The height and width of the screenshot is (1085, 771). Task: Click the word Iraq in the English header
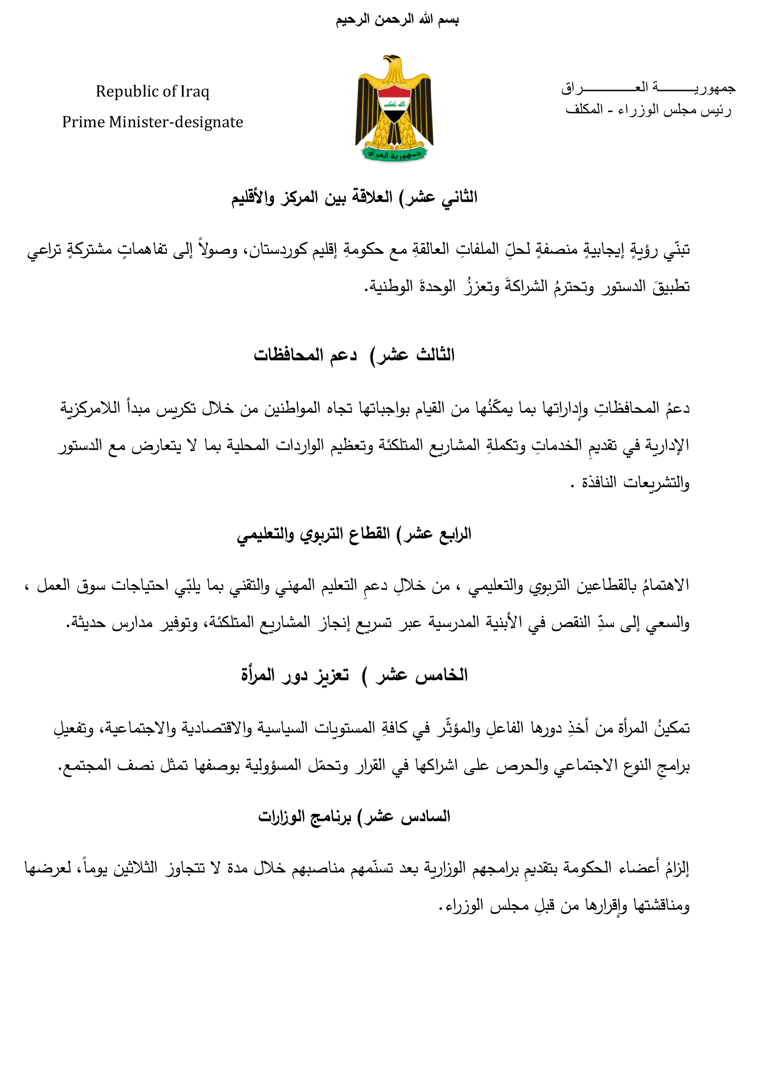point(195,92)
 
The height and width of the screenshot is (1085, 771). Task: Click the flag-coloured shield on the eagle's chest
point(394,104)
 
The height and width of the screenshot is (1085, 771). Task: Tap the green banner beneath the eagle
point(394,154)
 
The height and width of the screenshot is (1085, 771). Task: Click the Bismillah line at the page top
point(397,20)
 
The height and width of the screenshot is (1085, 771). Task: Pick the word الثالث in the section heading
point(436,355)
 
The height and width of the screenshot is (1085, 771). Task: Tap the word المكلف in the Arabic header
point(584,110)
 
